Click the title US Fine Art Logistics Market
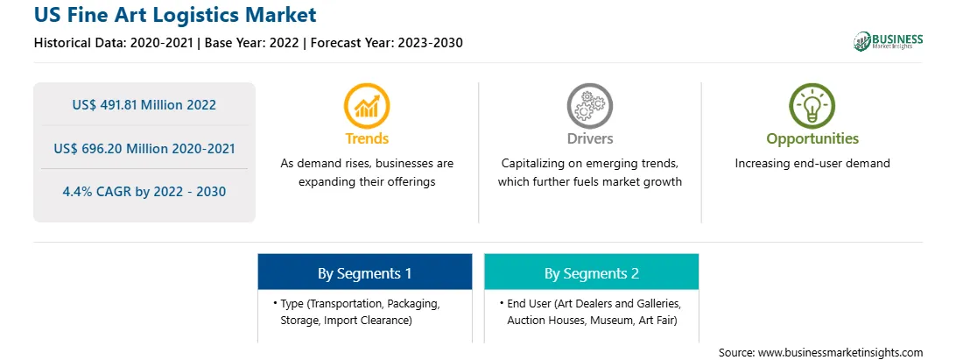(x=176, y=14)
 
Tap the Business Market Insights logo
(x=888, y=41)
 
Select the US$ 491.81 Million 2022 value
(x=144, y=105)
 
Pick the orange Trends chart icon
(x=367, y=106)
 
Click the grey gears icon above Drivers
(x=589, y=106)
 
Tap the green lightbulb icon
(x=812, y=106)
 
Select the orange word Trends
(x=367, y=138)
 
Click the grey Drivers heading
(x=589, y=138)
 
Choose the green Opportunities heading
(x=812, y=139)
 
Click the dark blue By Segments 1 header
(x=364, y=272)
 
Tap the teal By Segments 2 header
(x=592, y=272)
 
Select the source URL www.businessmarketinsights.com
(x=840, y=353)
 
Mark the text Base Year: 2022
(x=252, y=43)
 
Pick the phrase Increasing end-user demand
(x=812, y=164)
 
